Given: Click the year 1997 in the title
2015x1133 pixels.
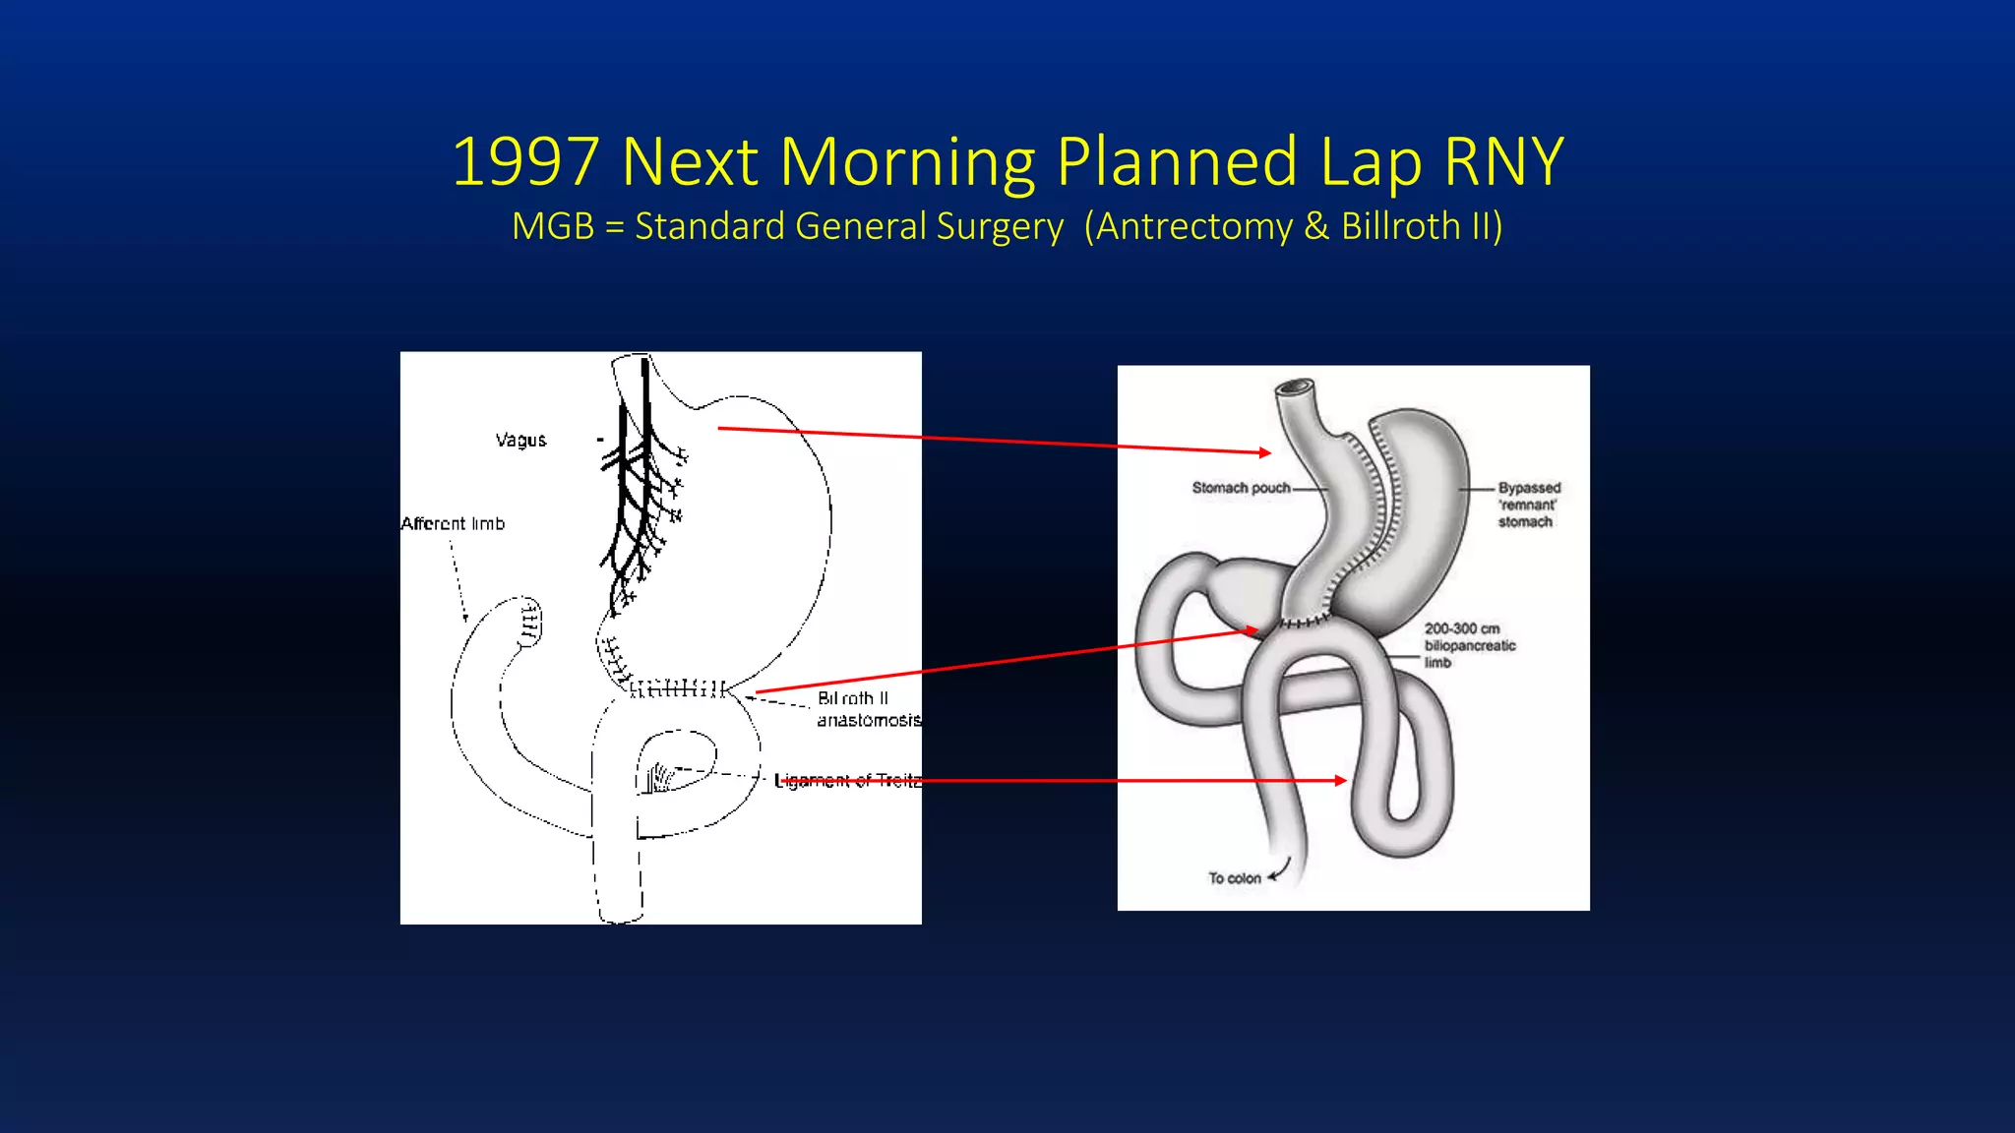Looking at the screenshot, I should click(525, 162).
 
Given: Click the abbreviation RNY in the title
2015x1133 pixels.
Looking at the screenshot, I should click(1502, 162).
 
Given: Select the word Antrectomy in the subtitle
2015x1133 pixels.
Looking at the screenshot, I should click(1194, 227).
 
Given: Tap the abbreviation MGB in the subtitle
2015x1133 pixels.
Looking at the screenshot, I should click(553, 227).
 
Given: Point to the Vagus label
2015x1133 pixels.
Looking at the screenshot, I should click(520, 440).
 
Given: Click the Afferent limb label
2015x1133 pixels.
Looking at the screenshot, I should click(453, 523).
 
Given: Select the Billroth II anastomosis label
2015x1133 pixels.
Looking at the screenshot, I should click(866, 709).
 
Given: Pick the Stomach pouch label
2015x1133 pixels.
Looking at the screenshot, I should click(1241, 488).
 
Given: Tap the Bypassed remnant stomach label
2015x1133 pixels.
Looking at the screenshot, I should click(1528, 505).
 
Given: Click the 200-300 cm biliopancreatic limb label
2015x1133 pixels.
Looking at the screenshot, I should click(1469, 645).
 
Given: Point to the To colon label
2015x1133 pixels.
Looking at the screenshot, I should click(1234, 878).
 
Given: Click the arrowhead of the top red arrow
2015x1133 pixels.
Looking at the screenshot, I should click(1265, 452).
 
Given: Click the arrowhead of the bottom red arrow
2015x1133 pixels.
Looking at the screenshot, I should click(1340, 780).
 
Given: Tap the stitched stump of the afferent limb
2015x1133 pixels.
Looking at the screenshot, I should click(529, 620).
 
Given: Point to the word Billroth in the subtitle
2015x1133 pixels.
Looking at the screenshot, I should click(1401, 227).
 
